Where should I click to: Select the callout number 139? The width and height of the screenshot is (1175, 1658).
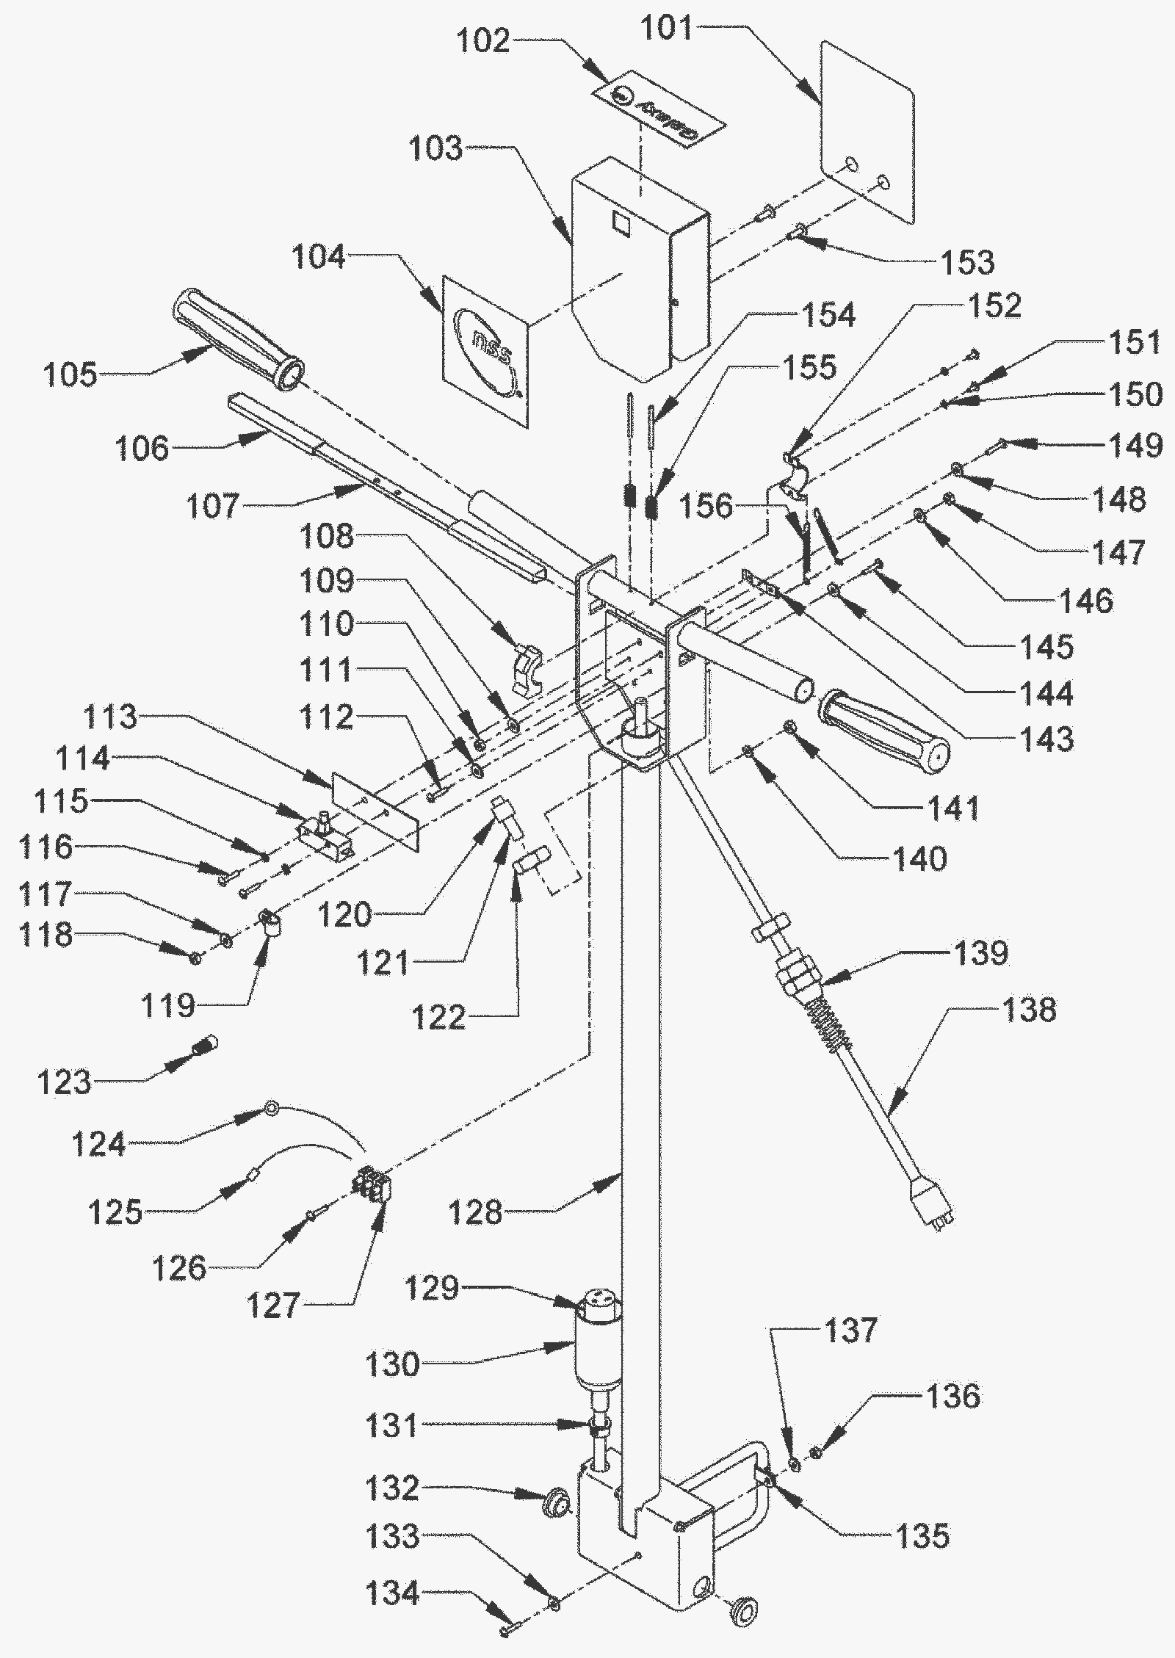click(980, 952)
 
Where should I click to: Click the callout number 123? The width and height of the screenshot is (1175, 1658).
click(64, 1081)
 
